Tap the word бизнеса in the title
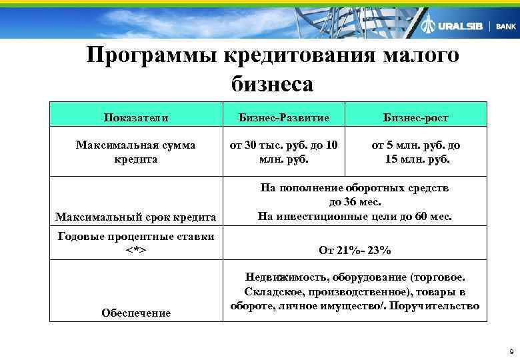tap(271, 83)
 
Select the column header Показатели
tap(136, 117)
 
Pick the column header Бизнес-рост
tap(416, 117)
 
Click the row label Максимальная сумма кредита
tap(136, 152)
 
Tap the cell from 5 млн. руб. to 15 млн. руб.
tap(416, 152)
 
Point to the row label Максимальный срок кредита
tap(136, 217)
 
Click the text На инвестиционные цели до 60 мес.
tap(355, 216)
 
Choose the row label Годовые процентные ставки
tap(136, 236)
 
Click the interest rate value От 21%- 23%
tap(355, 251)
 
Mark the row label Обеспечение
tap(136, 313)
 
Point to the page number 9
tap(510, 351)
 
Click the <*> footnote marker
tap(135, 250)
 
